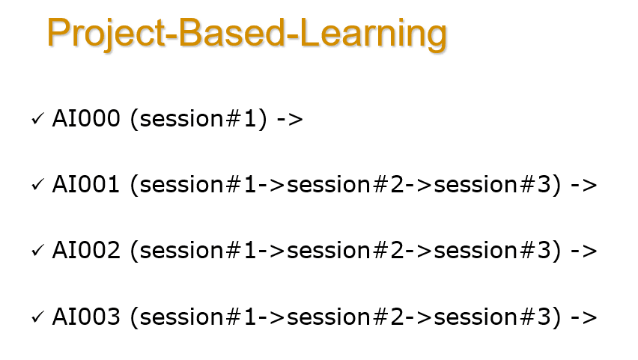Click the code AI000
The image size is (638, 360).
tap(86, 119)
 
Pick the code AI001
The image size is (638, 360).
tap(86, 185)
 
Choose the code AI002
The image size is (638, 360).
tap(86, 251)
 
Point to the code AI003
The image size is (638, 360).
tap(86, 317)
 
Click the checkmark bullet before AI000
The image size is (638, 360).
tap(37, 120)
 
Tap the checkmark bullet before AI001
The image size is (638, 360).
tap(37, 186)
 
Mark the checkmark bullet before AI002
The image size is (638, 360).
tap(37, 251)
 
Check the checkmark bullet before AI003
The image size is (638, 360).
tap(37, 317)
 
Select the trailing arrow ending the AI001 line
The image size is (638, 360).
tap(583, 186)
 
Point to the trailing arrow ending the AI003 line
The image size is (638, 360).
tap(583, 317)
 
